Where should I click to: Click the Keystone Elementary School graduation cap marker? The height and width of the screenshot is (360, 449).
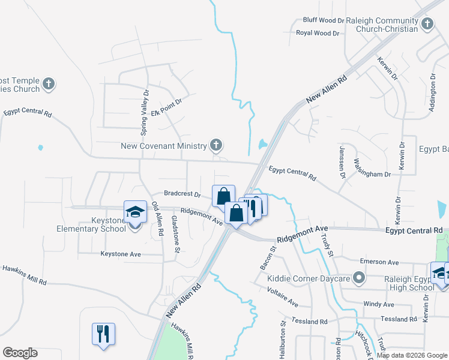point(135,212)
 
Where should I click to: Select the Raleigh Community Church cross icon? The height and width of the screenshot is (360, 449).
point(427,24)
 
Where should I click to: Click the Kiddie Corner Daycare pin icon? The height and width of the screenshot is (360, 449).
point(359,277)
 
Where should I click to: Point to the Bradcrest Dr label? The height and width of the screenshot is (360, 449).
point(182,194)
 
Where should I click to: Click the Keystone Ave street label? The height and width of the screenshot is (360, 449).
point(121,254)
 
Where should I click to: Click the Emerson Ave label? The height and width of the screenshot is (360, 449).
point(379,262)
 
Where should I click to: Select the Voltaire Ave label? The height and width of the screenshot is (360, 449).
point(282,296)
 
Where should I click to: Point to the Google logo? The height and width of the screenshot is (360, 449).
point(20,353)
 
